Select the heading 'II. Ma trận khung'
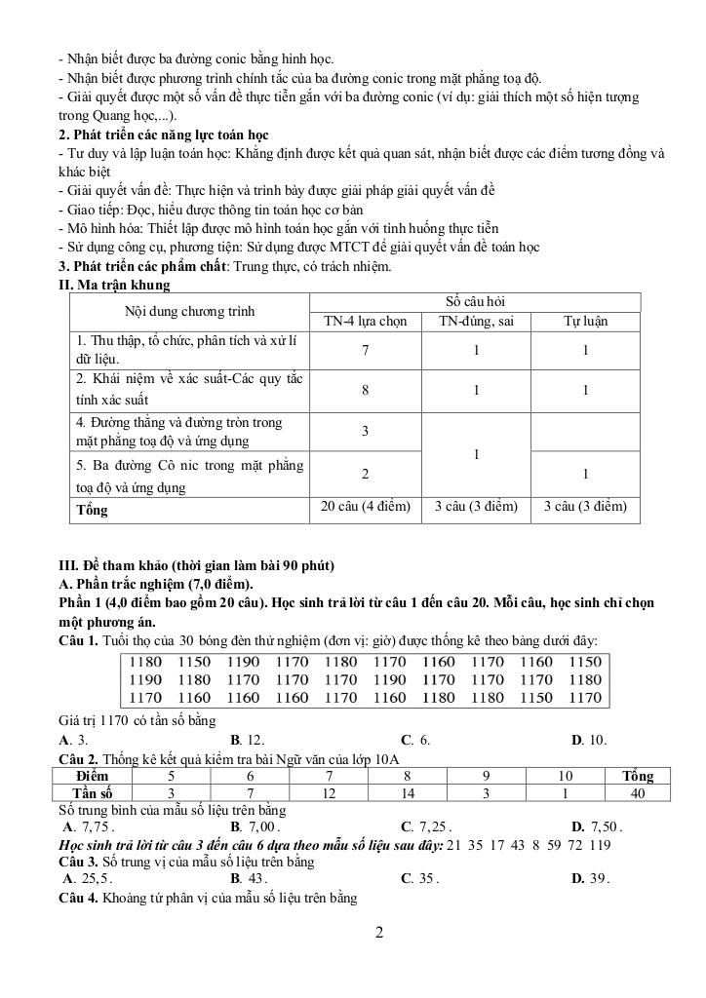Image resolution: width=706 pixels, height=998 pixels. coord(115,286)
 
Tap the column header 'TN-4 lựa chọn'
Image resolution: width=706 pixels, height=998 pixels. coord(365,321)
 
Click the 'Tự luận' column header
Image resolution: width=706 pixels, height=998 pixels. coord(585,321)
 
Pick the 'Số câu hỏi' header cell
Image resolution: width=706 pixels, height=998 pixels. coord(475,302)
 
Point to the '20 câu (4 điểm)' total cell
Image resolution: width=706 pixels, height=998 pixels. coord(365,508)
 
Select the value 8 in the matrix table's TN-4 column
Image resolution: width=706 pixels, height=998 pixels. coord(365,390)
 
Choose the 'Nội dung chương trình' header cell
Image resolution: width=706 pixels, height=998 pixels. coord(189,312)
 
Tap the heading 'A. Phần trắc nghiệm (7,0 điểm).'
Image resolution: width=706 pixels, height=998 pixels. coord(156,584)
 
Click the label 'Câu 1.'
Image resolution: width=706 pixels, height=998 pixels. coord(78,640)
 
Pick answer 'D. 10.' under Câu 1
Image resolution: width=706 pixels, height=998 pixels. coord(589,740)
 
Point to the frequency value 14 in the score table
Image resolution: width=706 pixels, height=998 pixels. coord(409,792)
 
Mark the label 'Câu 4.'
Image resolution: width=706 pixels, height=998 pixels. coord(78,898)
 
